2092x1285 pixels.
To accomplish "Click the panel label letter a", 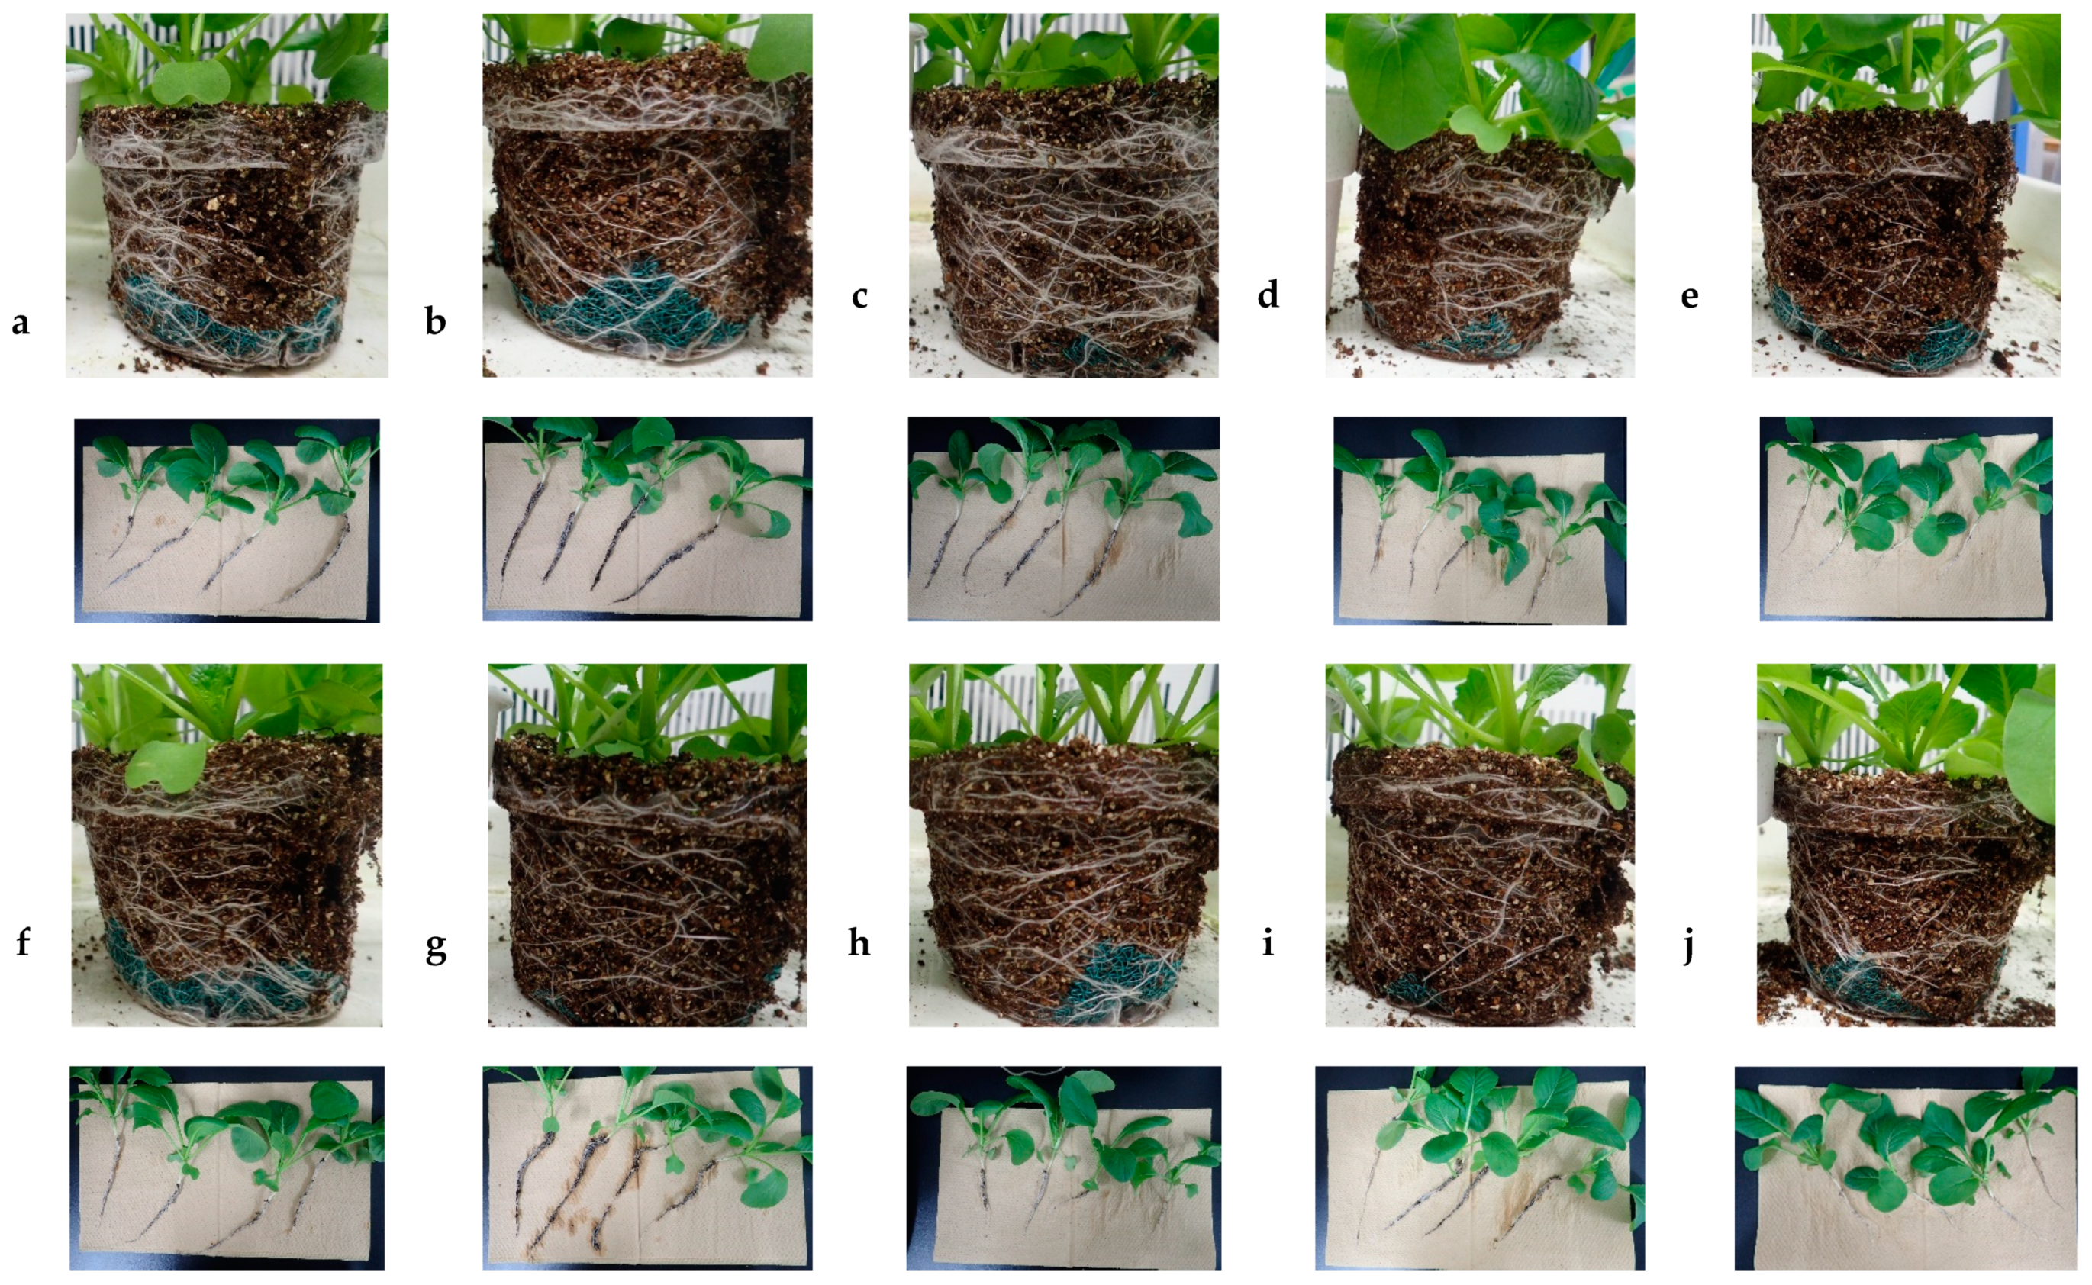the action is (x=21, y=323).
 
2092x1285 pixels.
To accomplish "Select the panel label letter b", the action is (x=435, y=321).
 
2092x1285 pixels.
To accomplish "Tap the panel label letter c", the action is (x=859, y=297).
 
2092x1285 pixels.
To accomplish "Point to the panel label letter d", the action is (x=1268, y=294).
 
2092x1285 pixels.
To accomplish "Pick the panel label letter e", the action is (x=1690, y=297).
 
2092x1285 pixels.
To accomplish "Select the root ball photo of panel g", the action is (x=647, y=845).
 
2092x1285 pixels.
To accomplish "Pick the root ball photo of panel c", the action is (x=1063, y=195).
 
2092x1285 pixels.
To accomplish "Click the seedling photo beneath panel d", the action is (x=1480, y=520).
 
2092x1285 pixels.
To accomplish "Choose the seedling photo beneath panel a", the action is (x=227, y=520).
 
